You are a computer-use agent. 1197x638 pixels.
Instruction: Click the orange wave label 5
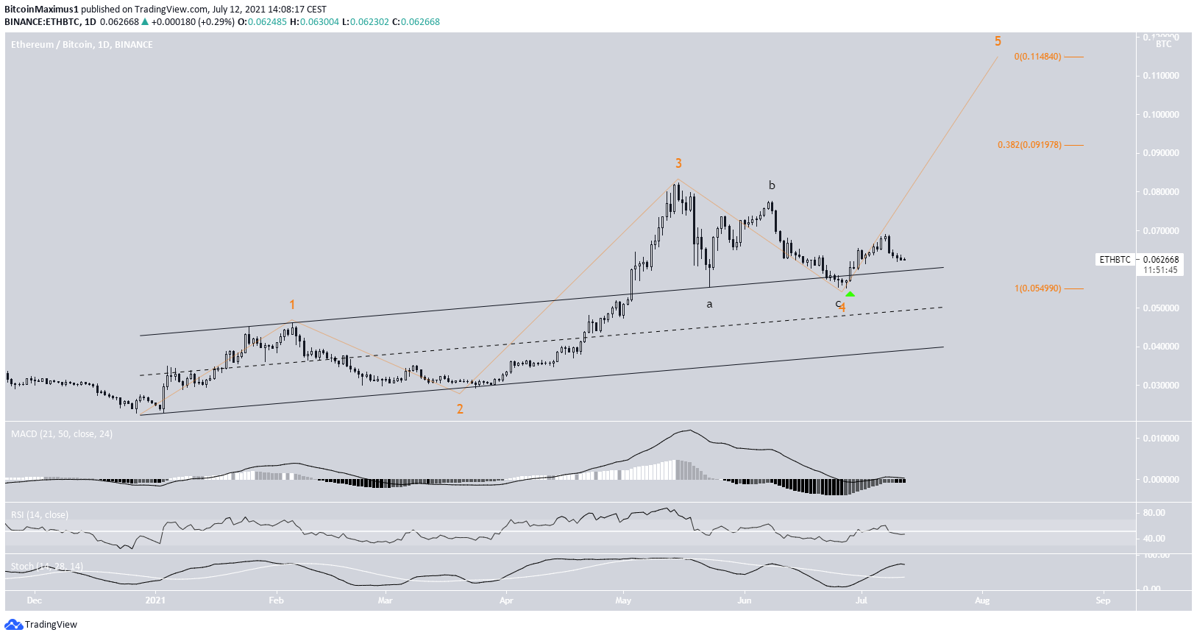pyautogui.click(x=998, y=41)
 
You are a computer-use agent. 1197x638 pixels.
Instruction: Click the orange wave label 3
pyautogui.click(x=678, y=163)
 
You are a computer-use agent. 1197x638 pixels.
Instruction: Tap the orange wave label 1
pyautogui.click(x=292, y=305)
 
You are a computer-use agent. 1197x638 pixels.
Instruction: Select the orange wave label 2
pyautogui.click(x=460, y=409)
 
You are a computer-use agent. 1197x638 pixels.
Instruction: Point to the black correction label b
pyautogui.click(x=772, y=185)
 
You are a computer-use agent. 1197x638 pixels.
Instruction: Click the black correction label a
pyautogui.click(x=709, y=304)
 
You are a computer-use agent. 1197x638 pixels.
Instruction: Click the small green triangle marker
pyautogui.click(x=850, y=294)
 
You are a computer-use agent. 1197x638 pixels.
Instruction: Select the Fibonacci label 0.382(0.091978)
pyautogui.click(x=1029, y=145)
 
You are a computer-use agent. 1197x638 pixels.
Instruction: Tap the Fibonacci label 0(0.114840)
pyautogui.click(x=1037, y=57)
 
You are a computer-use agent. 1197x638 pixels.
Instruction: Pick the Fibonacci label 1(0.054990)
pyautogui.click(x=1037, y=288)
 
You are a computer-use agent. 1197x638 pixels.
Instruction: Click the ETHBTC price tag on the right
pyautogui.click(x=1115, y=260)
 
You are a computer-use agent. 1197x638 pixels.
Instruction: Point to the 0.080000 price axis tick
pyautogui.click(x=1160, y=192)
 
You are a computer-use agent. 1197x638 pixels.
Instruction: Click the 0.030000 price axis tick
pyautogui.click(x=1160, y=386)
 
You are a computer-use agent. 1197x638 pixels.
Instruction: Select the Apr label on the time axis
pyautogui.click(x=506, y=600)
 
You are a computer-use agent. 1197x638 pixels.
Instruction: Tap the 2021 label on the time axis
pyautogui.click(x=155, y=600)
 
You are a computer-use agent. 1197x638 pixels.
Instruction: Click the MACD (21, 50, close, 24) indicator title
pyautogui.click(x=62, y=434)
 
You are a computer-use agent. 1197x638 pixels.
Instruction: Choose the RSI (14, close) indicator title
pyautogui.click(x=40, y=515)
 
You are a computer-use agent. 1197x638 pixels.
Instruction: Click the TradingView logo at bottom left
pyautogui.click(x=41, y=625)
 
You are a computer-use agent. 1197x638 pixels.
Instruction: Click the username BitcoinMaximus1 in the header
pyautogui.click(x=41, y=10)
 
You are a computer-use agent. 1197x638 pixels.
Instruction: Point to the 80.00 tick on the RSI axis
pyautogui.click(x=1154, y=513)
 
